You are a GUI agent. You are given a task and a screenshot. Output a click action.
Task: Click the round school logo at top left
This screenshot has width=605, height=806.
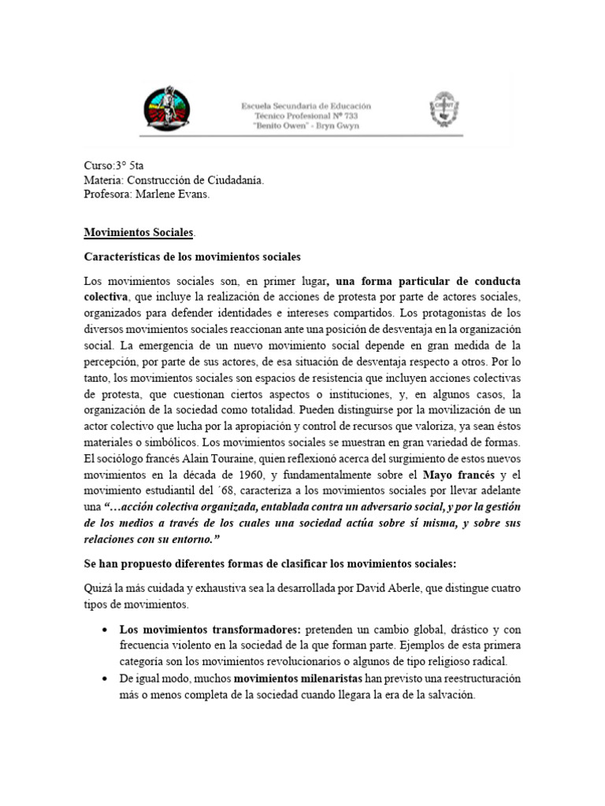[x=166, y=109]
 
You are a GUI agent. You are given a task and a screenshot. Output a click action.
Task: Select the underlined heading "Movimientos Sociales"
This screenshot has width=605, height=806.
[x=138, y=234]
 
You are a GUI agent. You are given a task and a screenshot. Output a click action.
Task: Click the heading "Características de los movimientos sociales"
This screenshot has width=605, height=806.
[x=192, y=257]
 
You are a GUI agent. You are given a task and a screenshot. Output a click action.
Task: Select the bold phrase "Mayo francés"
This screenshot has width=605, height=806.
[x=458, y=475]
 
